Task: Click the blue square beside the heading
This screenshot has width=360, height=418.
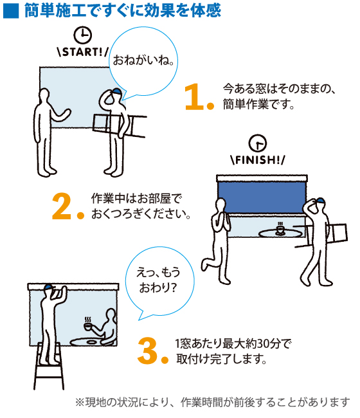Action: point(11,12)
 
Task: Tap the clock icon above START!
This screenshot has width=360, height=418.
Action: point(82,35)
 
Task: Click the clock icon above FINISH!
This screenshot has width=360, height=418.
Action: point(257,143)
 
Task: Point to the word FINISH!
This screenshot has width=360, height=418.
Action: point(257,159)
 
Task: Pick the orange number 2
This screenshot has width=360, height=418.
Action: point(62,206)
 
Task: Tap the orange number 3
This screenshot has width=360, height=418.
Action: point(148,350)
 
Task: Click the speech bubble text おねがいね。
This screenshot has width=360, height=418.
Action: point(143,60)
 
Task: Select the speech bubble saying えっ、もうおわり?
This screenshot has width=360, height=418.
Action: point(159,280)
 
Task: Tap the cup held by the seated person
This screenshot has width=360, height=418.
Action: point(88,325)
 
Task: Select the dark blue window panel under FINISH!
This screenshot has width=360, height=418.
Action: point(262,197)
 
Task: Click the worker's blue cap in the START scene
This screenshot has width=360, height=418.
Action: point(117,92)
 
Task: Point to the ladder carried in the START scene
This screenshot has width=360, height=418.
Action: point(120,125)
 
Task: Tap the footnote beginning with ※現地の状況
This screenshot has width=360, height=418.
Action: point(212,403)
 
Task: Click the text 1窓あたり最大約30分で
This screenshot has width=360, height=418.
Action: point(233,343)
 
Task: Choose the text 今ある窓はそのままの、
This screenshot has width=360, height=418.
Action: point(279,89)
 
